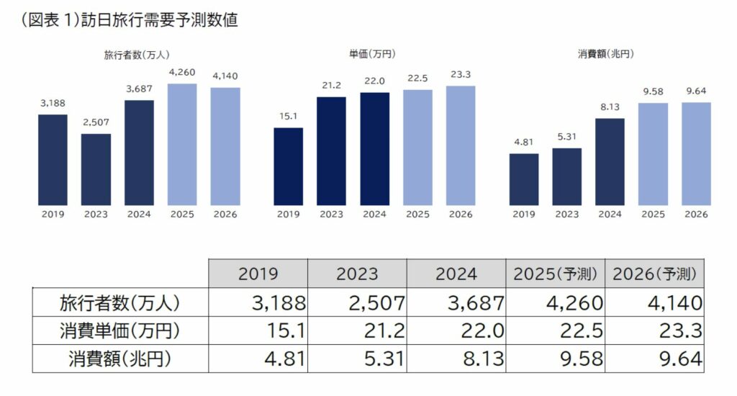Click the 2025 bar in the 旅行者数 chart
coord(182,144)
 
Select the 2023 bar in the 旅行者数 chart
coord(96,168)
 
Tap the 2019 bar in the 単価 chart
coord(289,166)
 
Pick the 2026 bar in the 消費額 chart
coord(696,153)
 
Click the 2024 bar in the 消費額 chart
coord(610,161)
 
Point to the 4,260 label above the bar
coord(182,73)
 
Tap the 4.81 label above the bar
coord(523,143)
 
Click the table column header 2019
coord(258,274)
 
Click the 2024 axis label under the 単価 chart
coord(374,215)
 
